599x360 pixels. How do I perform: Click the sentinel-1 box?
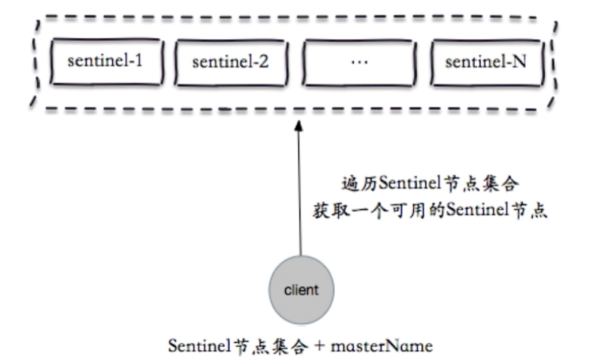[105, 62]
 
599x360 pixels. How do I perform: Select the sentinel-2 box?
[230, 62]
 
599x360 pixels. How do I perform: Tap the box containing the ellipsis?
[359, 62]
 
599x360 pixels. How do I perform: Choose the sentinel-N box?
[486, 62]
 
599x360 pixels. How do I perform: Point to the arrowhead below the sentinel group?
[300, 126]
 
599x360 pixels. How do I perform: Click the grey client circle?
[300, 290]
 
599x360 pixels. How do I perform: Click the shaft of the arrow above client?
[300, 199]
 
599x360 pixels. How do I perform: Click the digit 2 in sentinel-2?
[264, 61]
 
